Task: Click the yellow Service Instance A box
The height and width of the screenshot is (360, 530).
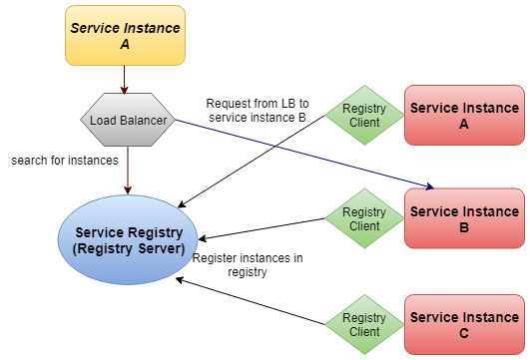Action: (125, 36)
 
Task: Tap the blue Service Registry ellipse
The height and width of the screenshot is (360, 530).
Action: (128, 240)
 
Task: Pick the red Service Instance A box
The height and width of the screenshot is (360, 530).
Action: (463, 116)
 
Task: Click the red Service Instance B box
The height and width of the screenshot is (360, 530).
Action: (463, 218)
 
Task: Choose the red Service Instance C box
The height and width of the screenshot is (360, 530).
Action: (463, 325)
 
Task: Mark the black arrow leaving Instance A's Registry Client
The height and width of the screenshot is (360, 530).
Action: (260, 161)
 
